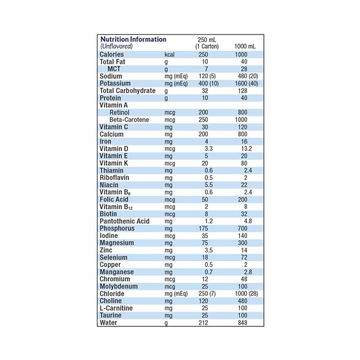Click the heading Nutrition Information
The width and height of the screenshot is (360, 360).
tap(133, 40)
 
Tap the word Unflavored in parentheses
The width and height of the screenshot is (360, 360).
tap(116, 47)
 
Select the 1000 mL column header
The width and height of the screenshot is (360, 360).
tap(245, 47)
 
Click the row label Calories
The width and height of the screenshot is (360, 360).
tap(112, 54)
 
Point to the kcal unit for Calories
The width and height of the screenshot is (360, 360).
tap(170, 54)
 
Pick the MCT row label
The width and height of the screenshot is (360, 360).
tap(114, 69)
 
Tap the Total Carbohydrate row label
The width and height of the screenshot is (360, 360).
tap(127, 91)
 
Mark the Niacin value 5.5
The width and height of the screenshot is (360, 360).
tap(208, 185)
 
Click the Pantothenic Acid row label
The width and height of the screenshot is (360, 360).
tap(124, 221)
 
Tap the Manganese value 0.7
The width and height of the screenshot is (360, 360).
tap(208, 272)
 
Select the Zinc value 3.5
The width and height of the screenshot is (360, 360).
tap(208, 250)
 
